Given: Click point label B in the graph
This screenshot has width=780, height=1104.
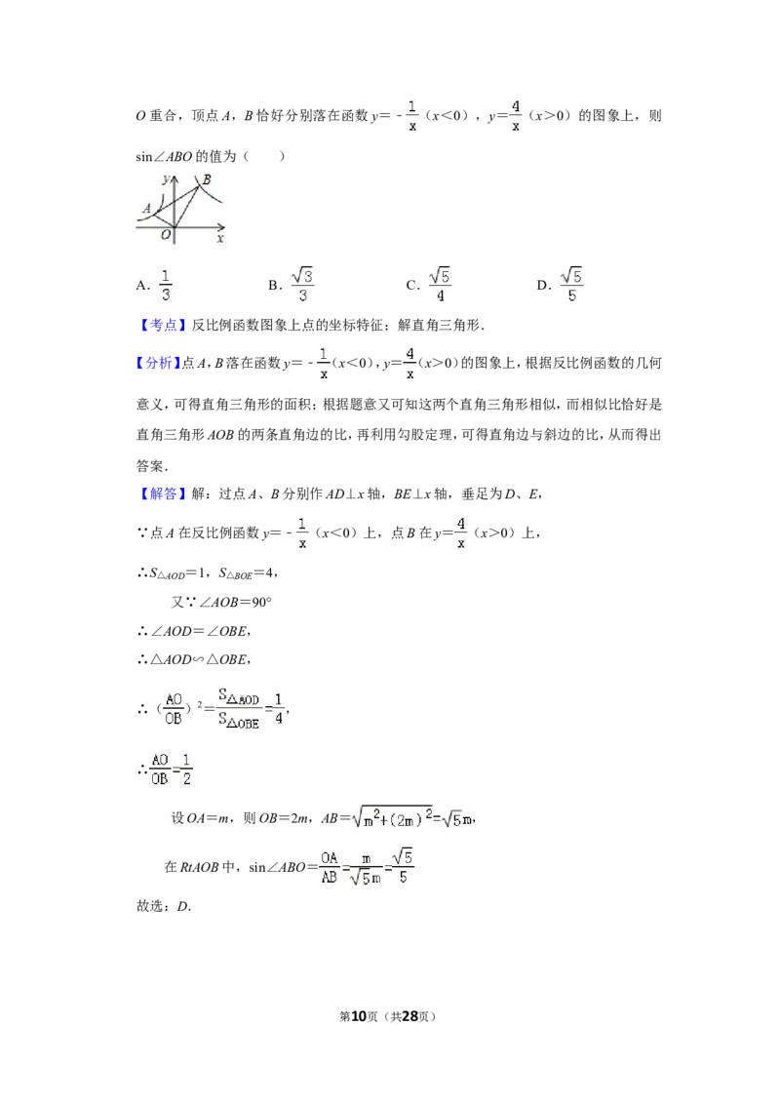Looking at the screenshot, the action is point(207,180).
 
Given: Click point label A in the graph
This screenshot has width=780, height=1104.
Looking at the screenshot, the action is point(147,209).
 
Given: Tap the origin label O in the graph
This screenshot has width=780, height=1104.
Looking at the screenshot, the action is point(166,234).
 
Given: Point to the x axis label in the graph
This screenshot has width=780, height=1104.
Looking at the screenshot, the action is point(220,239).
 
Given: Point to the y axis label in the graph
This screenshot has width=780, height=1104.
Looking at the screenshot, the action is point(166,178).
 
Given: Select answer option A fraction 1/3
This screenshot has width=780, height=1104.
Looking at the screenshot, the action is point(154,285).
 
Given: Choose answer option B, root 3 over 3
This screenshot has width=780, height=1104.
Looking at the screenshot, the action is point(291,285).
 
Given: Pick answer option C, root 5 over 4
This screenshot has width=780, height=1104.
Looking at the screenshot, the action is point(429,285).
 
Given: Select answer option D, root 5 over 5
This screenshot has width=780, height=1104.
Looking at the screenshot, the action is point(560,285).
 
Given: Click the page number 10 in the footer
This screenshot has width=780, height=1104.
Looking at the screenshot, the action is point(359,1016).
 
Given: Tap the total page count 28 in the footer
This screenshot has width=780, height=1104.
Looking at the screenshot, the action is point(410,1016).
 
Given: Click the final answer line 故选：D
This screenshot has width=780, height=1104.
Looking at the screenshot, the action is point(164,906).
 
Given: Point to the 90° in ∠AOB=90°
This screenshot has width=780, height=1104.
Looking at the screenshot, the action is point(262,602).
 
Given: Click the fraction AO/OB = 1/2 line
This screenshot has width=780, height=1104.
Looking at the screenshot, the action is point(165,769).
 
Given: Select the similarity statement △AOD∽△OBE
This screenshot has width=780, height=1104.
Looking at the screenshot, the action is point(194,659).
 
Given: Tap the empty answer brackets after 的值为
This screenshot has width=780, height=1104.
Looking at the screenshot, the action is point(264,156).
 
